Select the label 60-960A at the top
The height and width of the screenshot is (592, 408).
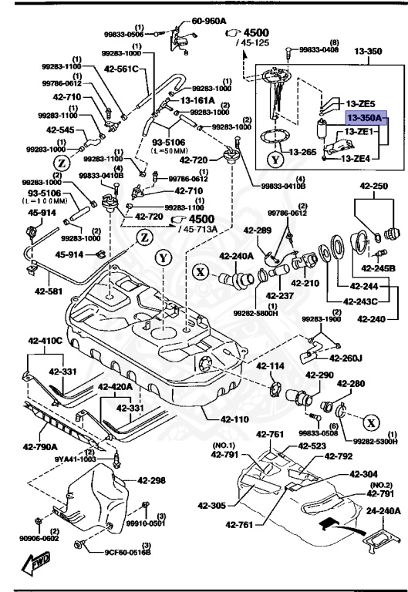208,21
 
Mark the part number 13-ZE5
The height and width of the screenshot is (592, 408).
360,103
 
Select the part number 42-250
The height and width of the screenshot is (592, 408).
373,187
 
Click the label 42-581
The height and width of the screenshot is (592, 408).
48,291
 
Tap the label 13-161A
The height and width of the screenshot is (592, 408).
198,99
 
